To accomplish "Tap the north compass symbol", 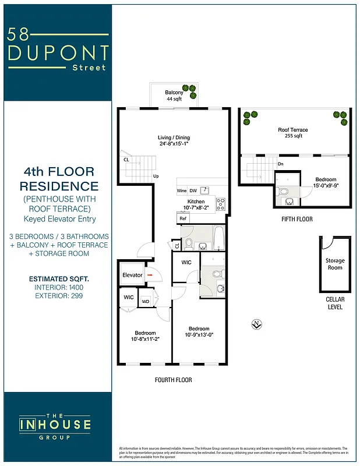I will tap(255, 324).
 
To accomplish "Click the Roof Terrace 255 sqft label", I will tap(292, 133).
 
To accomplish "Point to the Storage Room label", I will tap(335, 264).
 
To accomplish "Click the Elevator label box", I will tap(132, 274).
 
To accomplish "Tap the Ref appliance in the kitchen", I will tap(183, 218).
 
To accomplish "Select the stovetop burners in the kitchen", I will tap(221, 204).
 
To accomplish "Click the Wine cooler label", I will tap(181, 190).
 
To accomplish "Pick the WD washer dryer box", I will tap(146, 301).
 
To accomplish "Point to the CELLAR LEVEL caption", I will tap(335, 303).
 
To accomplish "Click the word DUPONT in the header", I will tap(58, 53).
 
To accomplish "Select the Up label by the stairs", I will tap(156, 176).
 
